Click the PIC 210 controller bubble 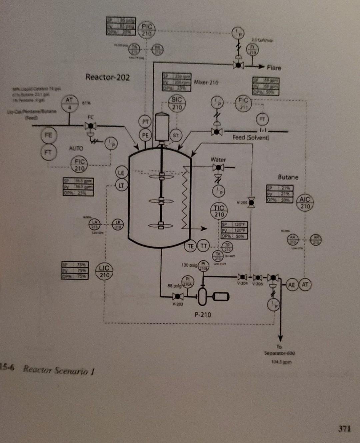[147, 30]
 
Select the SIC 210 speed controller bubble [177, 103]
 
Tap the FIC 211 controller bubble [243, 103]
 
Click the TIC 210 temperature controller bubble [219, 211]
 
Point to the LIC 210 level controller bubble [104, 272]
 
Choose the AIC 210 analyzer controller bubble [305, 203]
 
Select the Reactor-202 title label [107, 77]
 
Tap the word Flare [274, 68]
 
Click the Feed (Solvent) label [251, 137]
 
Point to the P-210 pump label [203, 315]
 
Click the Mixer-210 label [206, 82]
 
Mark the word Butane [288, 177]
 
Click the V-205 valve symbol [252, 202]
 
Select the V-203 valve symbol [178, 296]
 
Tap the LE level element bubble [121, 173]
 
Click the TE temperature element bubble [191, 246]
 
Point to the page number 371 [344, 428]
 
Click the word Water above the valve [218, 160]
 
